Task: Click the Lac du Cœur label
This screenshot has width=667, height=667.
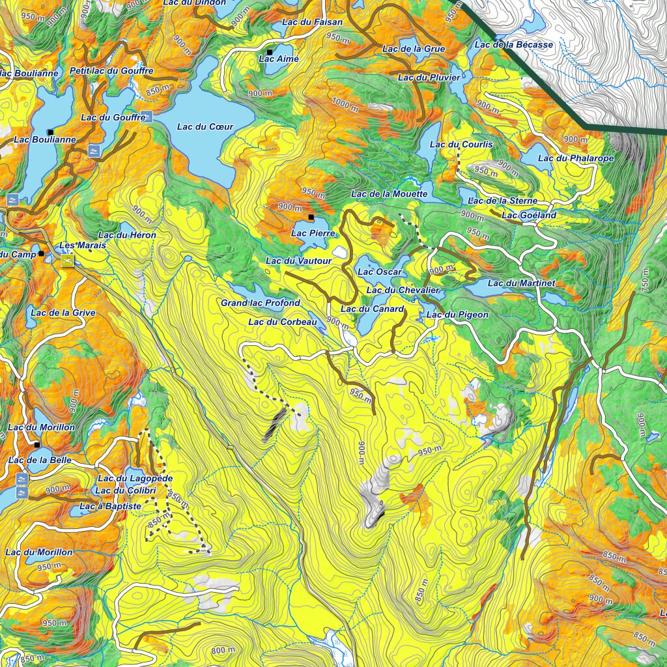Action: tap(205, 126)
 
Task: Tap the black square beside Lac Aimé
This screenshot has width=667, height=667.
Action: tap(269, 51)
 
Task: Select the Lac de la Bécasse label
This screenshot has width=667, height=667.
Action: tap(513, 44)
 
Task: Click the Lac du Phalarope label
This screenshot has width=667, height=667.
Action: tap(567, 158)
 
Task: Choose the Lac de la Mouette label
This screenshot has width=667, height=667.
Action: tap(389, 193)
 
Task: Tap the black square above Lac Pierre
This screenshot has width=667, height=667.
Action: tap(311, 217)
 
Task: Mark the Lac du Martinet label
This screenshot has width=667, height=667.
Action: tap(521, 283)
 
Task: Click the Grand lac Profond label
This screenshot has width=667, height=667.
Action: tap(260, 303)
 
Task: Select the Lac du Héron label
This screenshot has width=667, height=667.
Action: tap(127, 234)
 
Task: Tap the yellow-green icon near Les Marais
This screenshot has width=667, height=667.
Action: tap(66, 261)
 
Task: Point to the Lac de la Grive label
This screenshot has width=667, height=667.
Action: tap(63, 313)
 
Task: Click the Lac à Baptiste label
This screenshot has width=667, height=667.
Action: tap(110, 506)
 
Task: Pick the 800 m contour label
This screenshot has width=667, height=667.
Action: tap(223, 650)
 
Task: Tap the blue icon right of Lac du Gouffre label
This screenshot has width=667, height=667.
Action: tap(149, 118)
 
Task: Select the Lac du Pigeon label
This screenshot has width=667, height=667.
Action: tap(457, 315)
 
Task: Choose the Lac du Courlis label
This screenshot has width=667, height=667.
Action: tap(461, 144)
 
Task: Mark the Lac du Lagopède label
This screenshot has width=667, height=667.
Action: tap(135, 479)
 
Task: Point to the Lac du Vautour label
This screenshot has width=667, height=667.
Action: tap(298, 261)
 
